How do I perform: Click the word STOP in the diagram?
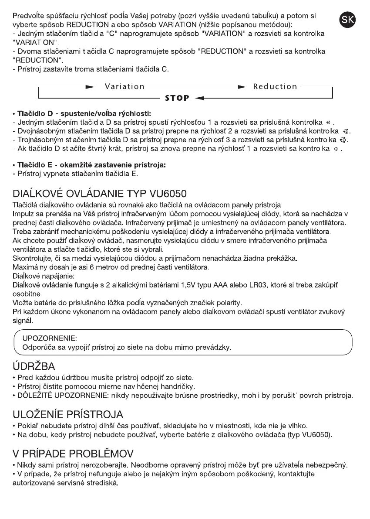pos(177,98)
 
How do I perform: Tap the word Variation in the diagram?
pos(124,86)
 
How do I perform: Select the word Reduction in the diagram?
pos(275,86)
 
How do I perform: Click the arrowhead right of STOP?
pos(198,98)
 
